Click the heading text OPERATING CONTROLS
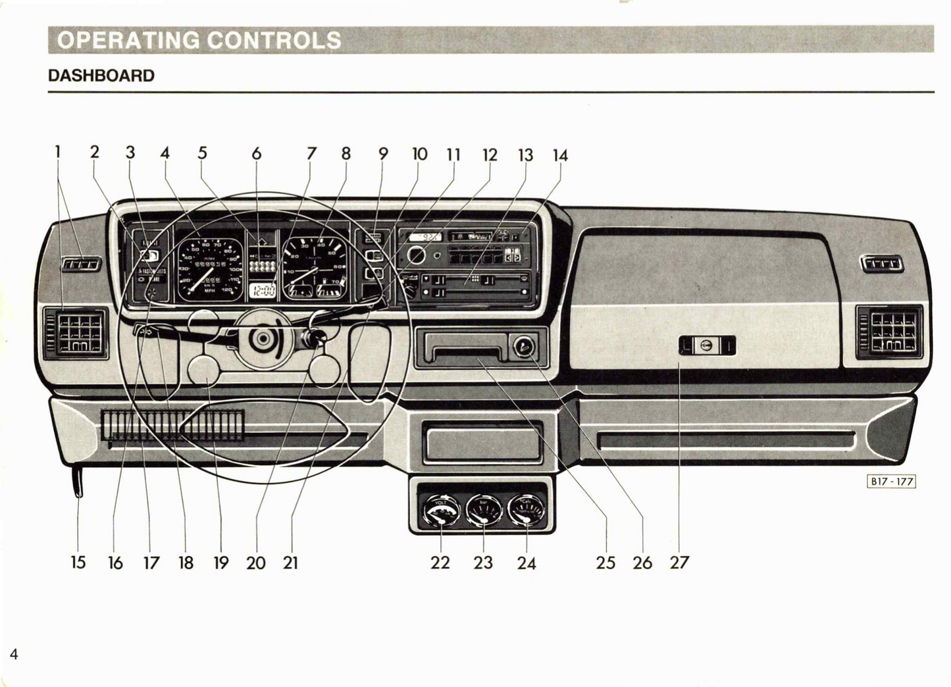point(199,40)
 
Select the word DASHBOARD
point(101,76)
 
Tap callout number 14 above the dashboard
point(560,155)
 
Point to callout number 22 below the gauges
point(440,563)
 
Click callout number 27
point(679,563)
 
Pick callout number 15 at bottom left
point(78,563)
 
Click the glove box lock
point(706,345)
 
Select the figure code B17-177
point(892,481)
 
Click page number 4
point(14,653)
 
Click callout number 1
point(58,152)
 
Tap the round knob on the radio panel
point(416,255)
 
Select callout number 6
point(257,154)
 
